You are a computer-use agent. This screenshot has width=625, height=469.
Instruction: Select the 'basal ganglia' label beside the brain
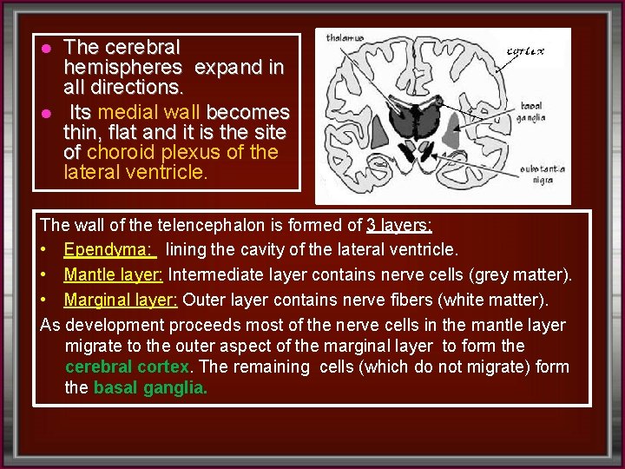[532, 110]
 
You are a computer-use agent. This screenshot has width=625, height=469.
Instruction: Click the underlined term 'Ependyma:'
[109, 250]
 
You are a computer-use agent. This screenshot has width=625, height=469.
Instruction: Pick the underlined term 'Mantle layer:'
[113, 275]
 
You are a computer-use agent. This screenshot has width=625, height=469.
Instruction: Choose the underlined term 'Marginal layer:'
[120, 301]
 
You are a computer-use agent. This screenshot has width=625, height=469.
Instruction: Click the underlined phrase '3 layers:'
[400, 225]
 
